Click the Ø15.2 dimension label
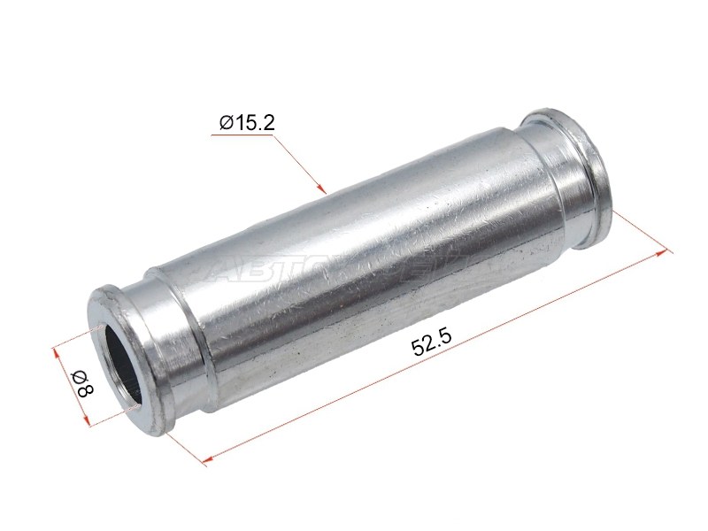[247, 122]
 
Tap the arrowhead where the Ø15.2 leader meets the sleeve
[324, 189]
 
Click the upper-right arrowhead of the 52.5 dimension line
[666, 252]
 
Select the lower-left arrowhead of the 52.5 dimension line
[206, 460]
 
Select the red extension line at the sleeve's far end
[637, 231]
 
